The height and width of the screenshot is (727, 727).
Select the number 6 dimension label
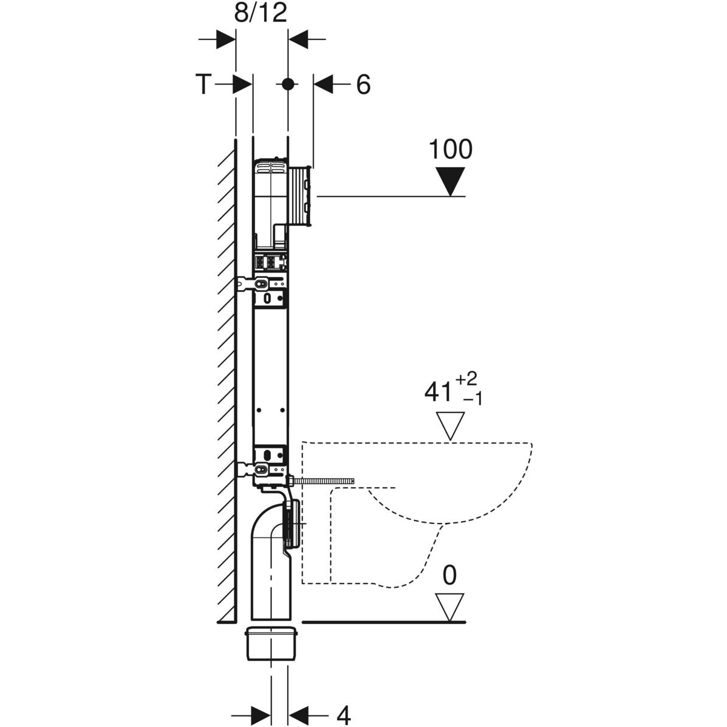tap(363, 85)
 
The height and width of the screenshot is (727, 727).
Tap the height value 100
tap(450, 149)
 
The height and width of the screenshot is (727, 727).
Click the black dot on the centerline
tap(288, 84)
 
